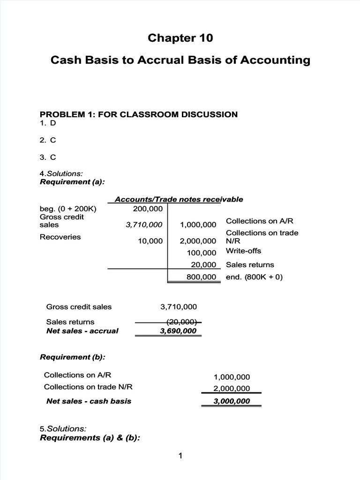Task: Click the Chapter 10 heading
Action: click(180, 38)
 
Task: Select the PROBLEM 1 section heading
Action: click(139, 114)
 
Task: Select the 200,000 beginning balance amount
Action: click(148, 209)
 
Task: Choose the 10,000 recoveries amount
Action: click(150, 241)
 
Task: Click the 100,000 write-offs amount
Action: click(201, 253)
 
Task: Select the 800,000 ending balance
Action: click(201, 277)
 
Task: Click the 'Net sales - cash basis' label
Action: click(89, 401)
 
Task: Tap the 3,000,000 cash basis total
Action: click(232, 401)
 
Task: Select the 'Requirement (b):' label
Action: click(72, 357)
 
